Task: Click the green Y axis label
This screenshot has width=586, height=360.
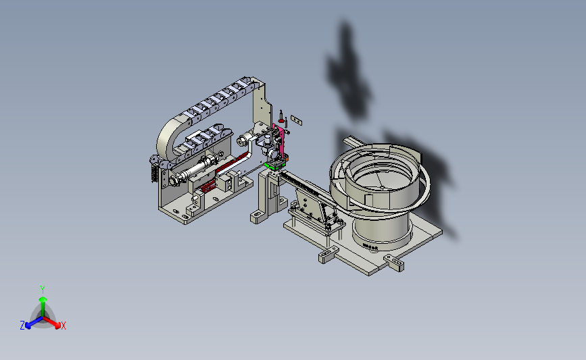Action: pyautogui.click(x=42, y=290)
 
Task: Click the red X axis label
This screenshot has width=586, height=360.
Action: pyautogui.click(x=63, y=326)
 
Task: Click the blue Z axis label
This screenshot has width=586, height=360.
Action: pyautogui.click(x=22, y=326)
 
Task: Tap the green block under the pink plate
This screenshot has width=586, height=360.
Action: pyautogui.click(x=274, y=165)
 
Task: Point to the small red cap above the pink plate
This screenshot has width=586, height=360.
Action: pyautogui.click(x=281, y=120)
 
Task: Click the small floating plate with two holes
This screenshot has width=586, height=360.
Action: pyautogui.click(x=296, y=120)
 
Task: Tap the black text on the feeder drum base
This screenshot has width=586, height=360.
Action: pyautogui.click(x=370, y=247)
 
